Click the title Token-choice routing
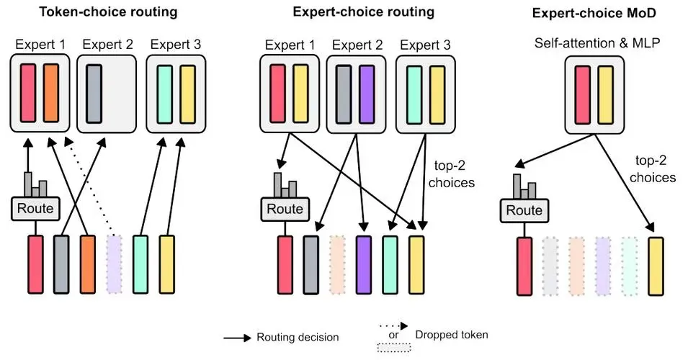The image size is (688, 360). tap(108, 12)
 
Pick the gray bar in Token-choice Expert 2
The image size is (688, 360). tap(94, 93)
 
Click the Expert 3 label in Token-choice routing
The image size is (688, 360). tap(176, 45)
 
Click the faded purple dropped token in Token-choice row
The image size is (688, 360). tap(114, 264)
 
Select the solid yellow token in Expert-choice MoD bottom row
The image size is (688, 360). tap(656, 266)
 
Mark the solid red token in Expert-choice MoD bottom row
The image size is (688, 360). tap(524, 266)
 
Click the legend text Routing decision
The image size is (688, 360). tap(298, 336)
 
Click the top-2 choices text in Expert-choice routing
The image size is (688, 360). tap(452, 175)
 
